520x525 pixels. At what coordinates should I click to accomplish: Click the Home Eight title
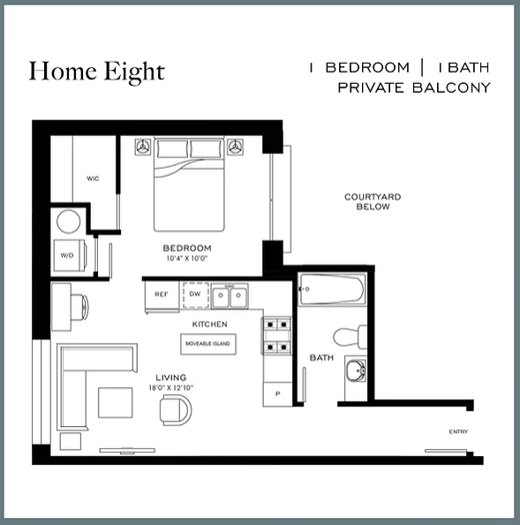click(96, 72)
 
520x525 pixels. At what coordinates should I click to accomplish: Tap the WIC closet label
click(93, 179)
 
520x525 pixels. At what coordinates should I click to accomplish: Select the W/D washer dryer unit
click(70, 255)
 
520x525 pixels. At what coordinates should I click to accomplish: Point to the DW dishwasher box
click(196, 294)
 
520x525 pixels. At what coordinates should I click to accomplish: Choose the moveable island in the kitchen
click(208, 344)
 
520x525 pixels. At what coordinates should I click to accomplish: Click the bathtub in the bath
click(332, 289)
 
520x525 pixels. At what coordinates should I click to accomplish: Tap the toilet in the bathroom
click(350, 336)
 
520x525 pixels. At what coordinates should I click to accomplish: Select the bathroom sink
click(356, 370)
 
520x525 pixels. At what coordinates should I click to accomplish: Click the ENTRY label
click(458, 431)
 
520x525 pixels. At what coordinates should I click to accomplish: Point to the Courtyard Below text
click(373, 202)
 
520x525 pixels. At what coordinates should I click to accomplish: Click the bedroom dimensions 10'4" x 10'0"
click(187, 258)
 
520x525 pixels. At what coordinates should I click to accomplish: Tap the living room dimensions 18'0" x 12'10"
click(171, 388)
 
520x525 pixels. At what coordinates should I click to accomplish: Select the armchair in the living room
click(176, 410)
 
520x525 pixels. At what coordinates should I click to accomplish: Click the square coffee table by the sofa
click(115, 402)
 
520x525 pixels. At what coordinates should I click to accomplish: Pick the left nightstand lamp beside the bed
click(143, 147)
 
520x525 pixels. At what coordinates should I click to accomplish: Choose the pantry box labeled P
click(277, 394)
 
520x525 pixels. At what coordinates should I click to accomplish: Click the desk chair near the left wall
click(80, 307)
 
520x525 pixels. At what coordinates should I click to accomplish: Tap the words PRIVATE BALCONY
click(414, 88)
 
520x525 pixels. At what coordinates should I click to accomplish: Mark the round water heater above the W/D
click(69, 221)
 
